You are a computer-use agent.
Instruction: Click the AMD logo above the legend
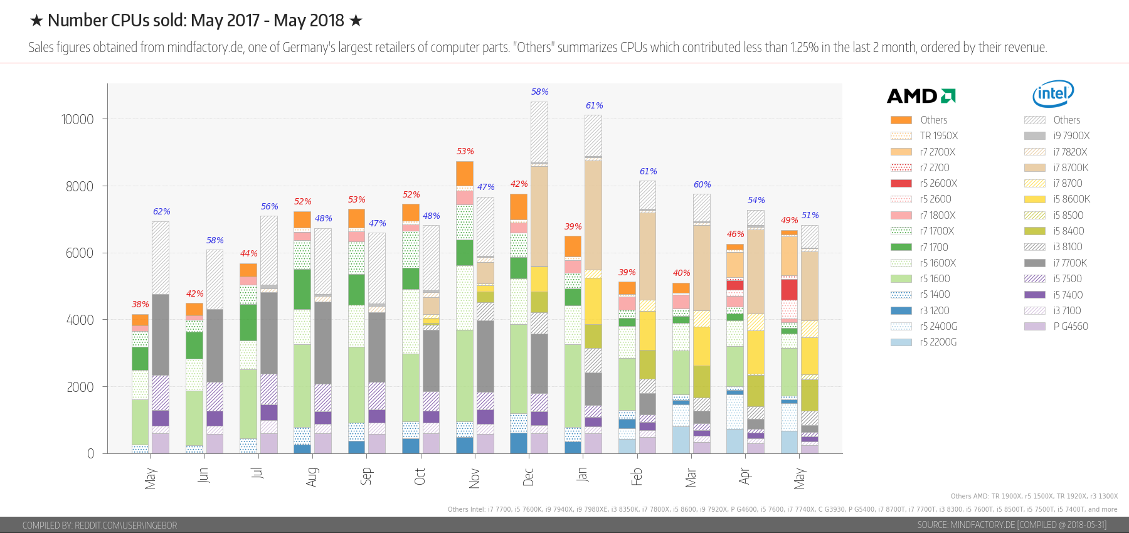coord(921,96)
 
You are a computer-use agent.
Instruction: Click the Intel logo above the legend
coord(1053,93)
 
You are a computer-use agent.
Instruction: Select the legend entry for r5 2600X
coord(938,184)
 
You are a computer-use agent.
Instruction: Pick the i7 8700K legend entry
coord(1071,168)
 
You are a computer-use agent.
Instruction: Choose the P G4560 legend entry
coord(1070,327)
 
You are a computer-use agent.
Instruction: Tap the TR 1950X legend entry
coord(938,136)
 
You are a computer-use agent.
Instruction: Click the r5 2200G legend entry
coord(938,342)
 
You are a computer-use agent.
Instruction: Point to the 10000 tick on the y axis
coord(77,119)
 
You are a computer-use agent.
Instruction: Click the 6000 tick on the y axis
coord(80,253)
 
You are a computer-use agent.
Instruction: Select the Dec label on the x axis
coord(529,477)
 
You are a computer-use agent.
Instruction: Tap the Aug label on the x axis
coord(312,477)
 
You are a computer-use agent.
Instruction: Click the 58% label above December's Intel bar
coord(539,92)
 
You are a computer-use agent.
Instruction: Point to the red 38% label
coord(140,304)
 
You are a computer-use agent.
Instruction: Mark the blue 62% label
coord(161,211)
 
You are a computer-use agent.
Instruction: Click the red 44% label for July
coord(248,253)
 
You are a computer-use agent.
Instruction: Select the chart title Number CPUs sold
coord(196,21)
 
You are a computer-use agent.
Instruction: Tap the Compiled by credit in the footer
coord(100,525)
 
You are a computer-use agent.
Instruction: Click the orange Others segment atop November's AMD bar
coord(465,173)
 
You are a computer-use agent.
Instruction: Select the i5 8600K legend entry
coord(1071,199)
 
